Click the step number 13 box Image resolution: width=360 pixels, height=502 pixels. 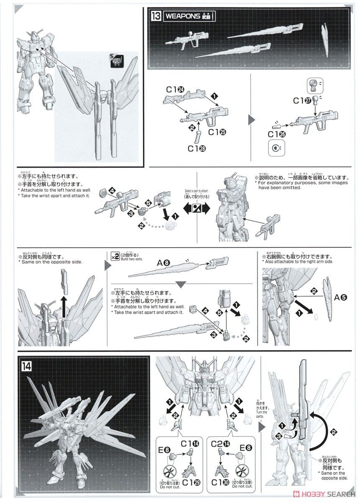tap(155, 16)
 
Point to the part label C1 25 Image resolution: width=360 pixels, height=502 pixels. tap(217, 132)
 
